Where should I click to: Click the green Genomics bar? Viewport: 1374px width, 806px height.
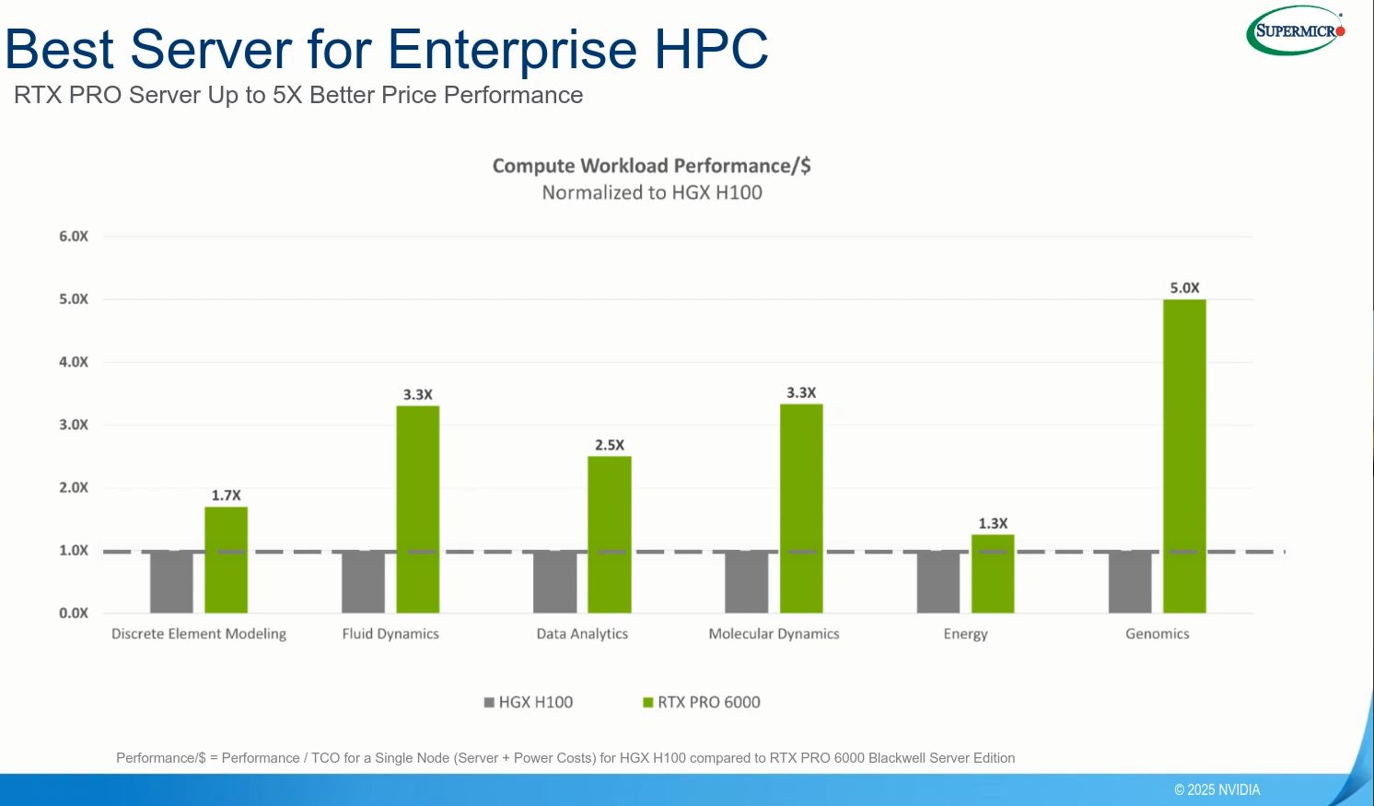pyautogui.click(x=1184, y=456)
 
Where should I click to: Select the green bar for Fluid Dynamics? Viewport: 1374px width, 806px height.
pyautogui.click(x=417, y=508)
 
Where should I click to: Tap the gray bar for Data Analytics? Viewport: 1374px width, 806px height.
pyautogui.click(x=554, y=581)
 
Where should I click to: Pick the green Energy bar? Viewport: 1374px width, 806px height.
pyautogui.click(x=993, y=573)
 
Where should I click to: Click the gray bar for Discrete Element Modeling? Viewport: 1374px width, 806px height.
pyautogui.click(x=171, y=581)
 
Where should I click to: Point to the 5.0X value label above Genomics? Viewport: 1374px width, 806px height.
pyautogui.click(x=1184, y=288)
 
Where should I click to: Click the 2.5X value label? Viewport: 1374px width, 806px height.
pyautogui.click(x=609, y=445)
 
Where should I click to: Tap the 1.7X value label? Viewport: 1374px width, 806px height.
pyautogui.click(x=226, y=496)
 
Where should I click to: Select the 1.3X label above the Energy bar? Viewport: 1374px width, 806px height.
pyautogui.click(x=993, y=523)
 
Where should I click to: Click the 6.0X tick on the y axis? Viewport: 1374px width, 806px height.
pyautogui.click(x=74, y=237)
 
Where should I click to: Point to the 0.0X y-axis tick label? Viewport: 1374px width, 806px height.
pyautogui.click(x=74, y=613)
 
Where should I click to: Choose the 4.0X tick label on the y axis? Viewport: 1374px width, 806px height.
pyautogui.click(x=74, y=362)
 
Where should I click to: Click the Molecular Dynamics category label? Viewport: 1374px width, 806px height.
pyautogui.click(x=774, y=634)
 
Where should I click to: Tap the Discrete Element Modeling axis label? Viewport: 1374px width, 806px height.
pyautogui.click(x=199, y=634)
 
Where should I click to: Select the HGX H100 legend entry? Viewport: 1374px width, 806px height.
pyautogui.click(x=529, y=702)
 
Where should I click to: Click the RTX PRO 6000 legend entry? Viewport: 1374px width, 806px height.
pyautogui.click(x=702, y=702)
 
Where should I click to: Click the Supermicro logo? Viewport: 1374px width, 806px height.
pyautogui.click(x=1297, y=31)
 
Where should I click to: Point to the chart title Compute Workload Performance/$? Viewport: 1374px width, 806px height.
pyautogui.click(x=651, y=166)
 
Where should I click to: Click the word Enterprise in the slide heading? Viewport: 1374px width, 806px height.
pyautogui.click(x=513, y=49)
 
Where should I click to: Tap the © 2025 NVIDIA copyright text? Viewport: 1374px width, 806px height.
pyautogui.click(x=1217, y=789)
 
